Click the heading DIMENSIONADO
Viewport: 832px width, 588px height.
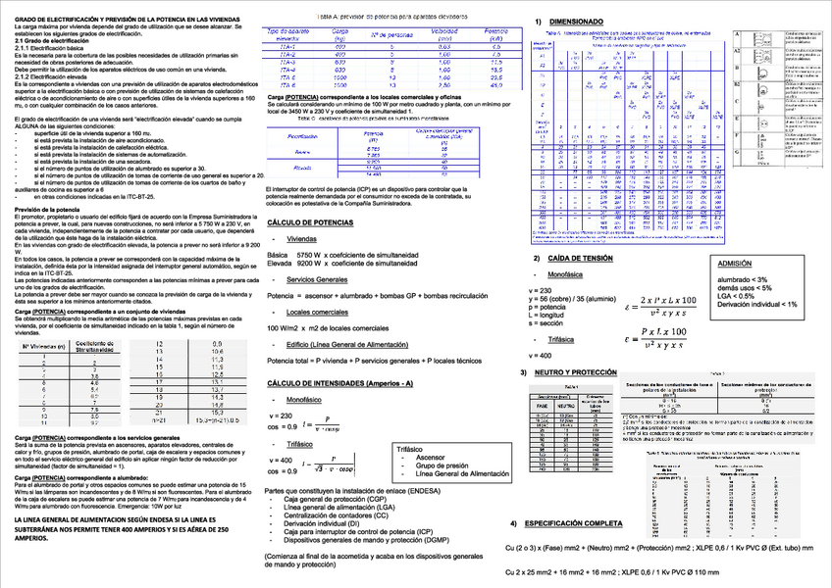pos(577,21)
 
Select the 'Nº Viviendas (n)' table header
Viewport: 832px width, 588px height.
pos(44,346)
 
